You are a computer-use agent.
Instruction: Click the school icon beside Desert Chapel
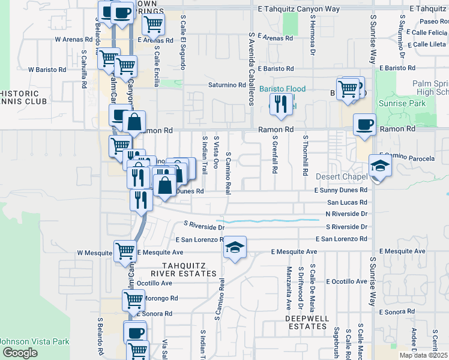[x=380, y=165]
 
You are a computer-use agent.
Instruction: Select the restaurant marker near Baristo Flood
[x=280, y=104]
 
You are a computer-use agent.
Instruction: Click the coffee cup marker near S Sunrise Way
[x=364, y=125]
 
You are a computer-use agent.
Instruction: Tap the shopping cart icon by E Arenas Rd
[x=153, y=25]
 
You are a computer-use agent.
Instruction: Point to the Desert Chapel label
[x=341, y=177]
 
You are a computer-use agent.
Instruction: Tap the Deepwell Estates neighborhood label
[x=306, y=322]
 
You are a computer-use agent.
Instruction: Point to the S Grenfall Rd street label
[x=274, y=155]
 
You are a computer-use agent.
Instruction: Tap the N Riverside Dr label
[x=346, y=214]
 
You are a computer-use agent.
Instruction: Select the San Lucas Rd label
[x=346, y=203]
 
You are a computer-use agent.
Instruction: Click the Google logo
[x=20, y=353]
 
